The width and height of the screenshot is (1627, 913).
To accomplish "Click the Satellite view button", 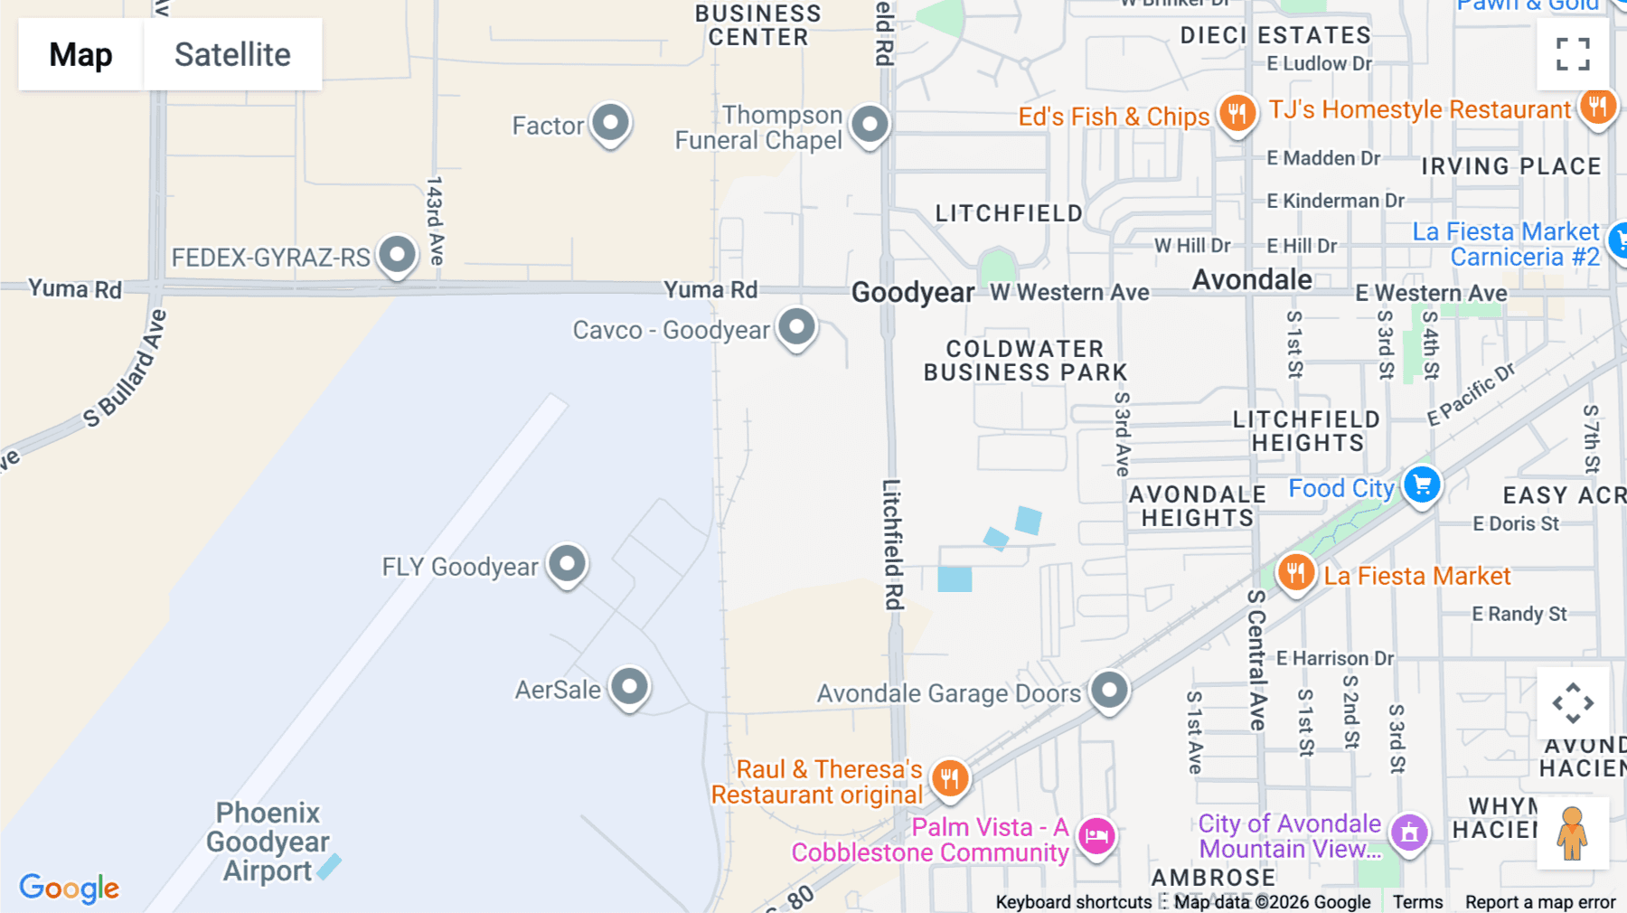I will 232,54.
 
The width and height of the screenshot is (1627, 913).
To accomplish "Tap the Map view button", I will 80,54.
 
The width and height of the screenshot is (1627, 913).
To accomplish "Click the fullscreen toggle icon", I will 1573,54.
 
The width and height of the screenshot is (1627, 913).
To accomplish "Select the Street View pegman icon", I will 1573,833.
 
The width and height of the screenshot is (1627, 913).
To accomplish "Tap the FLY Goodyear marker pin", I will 568,564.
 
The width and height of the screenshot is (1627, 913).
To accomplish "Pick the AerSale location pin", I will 629,687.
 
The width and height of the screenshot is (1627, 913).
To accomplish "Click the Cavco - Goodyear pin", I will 796,327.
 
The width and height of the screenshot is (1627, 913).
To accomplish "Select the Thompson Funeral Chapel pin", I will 870,124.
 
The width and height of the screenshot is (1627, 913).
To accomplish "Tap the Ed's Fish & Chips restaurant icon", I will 1237,114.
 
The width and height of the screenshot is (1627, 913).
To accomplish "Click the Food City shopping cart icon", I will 1422,485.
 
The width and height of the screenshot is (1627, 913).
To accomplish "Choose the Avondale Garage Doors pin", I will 1109,691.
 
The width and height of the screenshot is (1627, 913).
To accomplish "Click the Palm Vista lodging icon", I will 1096,835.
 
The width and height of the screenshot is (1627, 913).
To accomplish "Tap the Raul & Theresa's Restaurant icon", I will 949,777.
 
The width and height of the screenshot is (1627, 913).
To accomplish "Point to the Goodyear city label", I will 913,293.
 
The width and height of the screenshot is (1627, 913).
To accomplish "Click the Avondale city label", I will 1252,280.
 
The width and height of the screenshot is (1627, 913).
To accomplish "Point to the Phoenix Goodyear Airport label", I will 268,842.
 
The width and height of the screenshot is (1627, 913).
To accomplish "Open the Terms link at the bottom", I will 1417,902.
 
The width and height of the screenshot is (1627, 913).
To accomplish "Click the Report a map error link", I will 1540,902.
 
